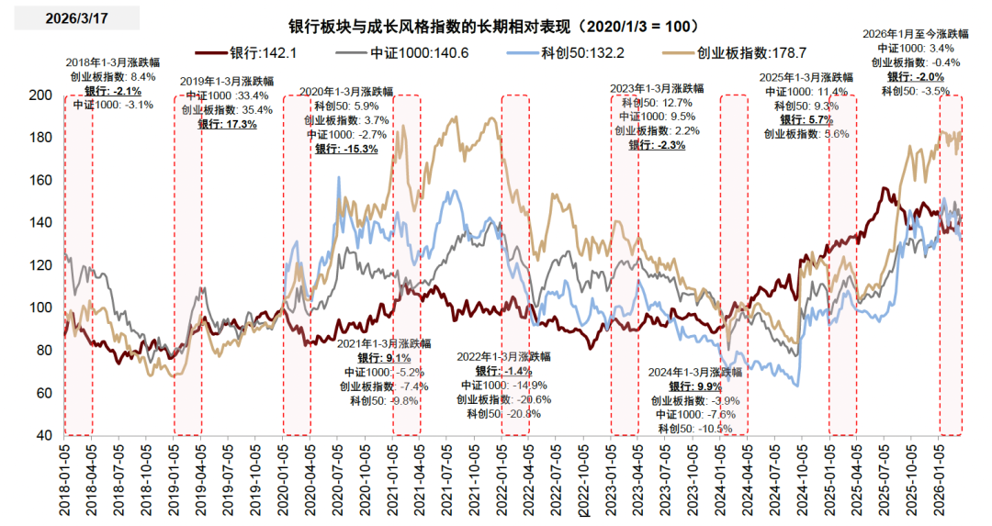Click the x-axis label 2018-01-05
click(x=65, y=476)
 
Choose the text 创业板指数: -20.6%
click(x=505, y=399)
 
